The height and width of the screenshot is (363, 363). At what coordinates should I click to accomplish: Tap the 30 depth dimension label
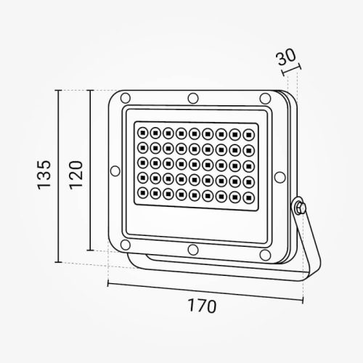[x=287, y=57]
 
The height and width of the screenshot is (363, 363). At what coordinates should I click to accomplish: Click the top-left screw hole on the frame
[x=125, y=99]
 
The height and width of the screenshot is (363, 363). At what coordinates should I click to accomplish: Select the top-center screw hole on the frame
[x=192, y=97]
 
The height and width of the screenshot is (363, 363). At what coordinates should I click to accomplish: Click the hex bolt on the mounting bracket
[x=299, y=209]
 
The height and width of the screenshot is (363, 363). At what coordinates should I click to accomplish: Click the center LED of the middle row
[x=195, y=163]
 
